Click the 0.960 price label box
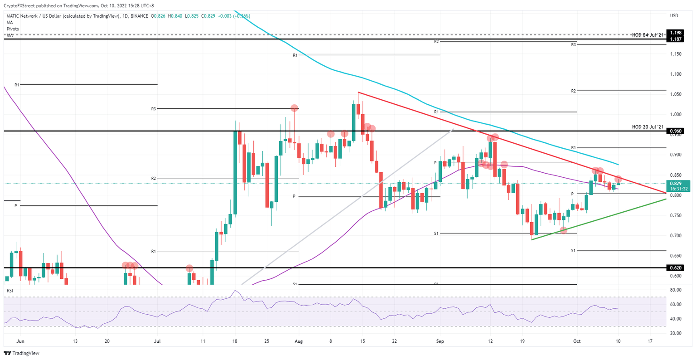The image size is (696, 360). click(676, 131)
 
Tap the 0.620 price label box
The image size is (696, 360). click(676, 268)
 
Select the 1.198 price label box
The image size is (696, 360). click(676, 33)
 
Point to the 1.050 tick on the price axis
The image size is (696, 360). click(676, 94)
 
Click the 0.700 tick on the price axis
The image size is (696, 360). click(676, 236)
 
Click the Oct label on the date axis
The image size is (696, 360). click(576, 341)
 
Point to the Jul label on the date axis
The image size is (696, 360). click(157, 341)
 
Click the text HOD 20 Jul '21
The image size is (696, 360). click(648, 126)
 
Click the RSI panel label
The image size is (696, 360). click(10, 290)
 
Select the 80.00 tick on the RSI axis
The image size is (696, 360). click(676, 290)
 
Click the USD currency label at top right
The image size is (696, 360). click(674, 16)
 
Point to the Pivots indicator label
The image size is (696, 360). click(13, 29)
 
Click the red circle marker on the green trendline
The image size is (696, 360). click(563, 230)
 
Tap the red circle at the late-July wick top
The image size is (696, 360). click(295, 108)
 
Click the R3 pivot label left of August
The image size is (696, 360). click(154, 109)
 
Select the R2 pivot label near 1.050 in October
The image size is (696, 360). click(573, 91)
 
